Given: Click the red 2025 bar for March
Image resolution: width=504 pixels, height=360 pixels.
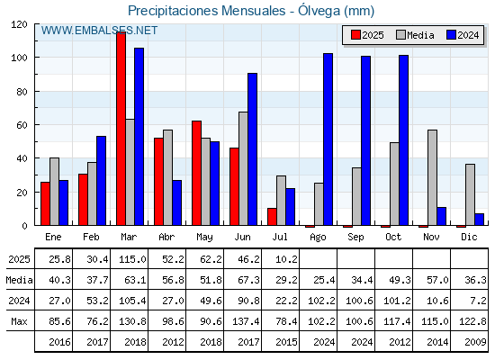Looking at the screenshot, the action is click(x=121, y=129).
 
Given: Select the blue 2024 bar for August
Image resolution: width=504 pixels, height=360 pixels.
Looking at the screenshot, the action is click(x=328, y=139).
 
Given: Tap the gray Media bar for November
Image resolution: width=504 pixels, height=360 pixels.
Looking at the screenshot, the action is click(x=432, y=177).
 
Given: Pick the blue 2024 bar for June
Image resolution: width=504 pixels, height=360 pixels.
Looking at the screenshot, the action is click(x=252, y=149).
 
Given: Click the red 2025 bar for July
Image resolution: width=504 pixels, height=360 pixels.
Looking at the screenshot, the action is click(x=272, y=217).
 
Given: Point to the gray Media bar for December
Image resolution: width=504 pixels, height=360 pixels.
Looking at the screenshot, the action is click(x=470, y=194).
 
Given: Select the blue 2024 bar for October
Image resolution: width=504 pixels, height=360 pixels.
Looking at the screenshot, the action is click(x=404, y=140).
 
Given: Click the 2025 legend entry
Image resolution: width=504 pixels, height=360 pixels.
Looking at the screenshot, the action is click(x=367, y=35).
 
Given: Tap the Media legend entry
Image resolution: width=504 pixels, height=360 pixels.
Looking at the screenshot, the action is click(x=415, y=35).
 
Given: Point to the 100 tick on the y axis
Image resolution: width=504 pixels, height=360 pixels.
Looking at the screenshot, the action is click(x=19, y=58).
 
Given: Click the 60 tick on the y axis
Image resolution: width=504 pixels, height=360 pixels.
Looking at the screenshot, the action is click(x=22, y=125).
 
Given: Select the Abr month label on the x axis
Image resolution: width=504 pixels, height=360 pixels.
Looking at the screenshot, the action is click(x=166, y=237).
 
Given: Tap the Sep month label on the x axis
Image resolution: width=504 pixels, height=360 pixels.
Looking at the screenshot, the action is click(x=355, y=237).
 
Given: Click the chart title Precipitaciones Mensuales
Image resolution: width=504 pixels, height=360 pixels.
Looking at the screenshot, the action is click(x=207, y=11).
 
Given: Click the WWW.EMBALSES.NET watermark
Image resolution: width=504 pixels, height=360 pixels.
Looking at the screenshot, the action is click(x=99, y=31).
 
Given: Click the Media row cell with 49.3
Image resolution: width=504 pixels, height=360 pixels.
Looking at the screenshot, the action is click(x=400, y=280).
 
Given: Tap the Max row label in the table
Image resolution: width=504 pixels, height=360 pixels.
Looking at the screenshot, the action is click(x=19, y=321).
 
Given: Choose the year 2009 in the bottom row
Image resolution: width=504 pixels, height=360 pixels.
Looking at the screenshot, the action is click(x=472, y=342).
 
